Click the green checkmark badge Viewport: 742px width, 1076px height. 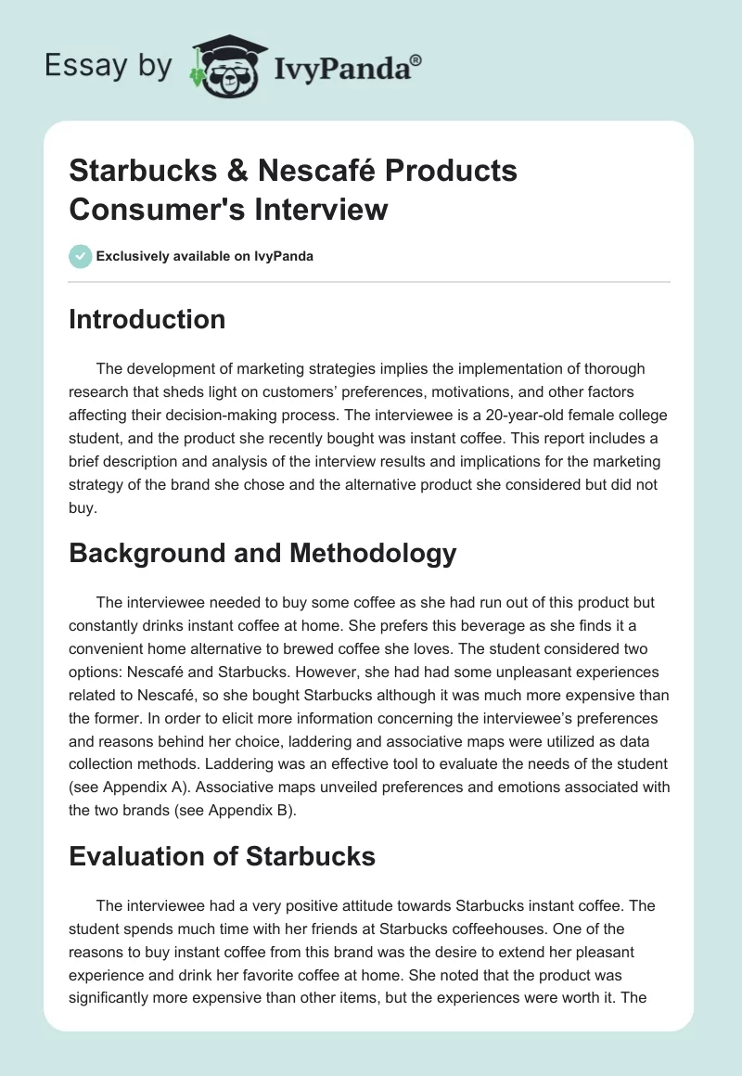(80, 256)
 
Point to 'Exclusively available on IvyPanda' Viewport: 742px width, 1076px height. (204, 256)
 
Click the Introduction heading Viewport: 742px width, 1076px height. (147, 319)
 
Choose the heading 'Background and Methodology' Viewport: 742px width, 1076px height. (262, 553)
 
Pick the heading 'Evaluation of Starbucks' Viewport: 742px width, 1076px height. (223, 856)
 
